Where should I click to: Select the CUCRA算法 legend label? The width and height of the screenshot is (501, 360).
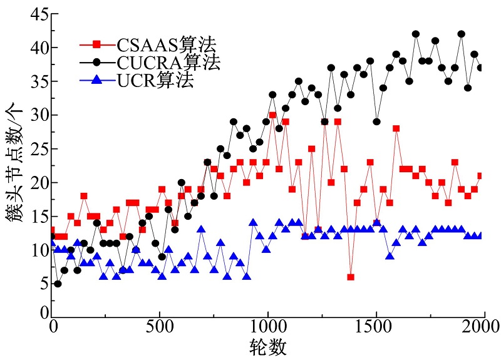168,62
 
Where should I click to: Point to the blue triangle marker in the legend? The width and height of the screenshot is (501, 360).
96,80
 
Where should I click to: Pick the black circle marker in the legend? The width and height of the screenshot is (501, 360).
96,62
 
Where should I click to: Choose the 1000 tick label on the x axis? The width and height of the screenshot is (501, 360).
267,326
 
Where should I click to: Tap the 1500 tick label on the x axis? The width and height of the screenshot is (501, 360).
376,326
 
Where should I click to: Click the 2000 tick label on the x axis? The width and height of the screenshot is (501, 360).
483,326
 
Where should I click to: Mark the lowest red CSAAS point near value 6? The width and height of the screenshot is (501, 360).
351,277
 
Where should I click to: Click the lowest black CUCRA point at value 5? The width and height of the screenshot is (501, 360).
58,284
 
